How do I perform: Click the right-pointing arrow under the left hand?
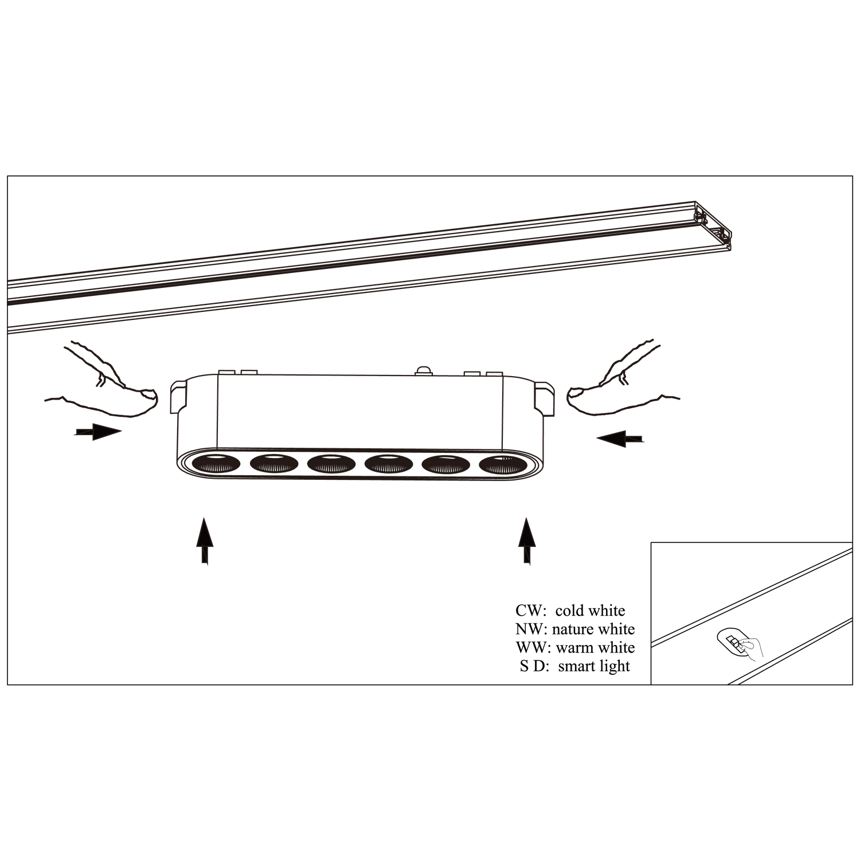pos(97,432)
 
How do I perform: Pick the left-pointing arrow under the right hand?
pos(620,439)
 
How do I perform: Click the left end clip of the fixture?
pos(179,396)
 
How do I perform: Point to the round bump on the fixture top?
pos(423,371)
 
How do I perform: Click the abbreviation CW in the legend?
pos(527,611)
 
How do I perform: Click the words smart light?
pos(594,666)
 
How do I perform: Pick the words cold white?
pos(590,611)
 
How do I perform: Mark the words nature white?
pos(593,629)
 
